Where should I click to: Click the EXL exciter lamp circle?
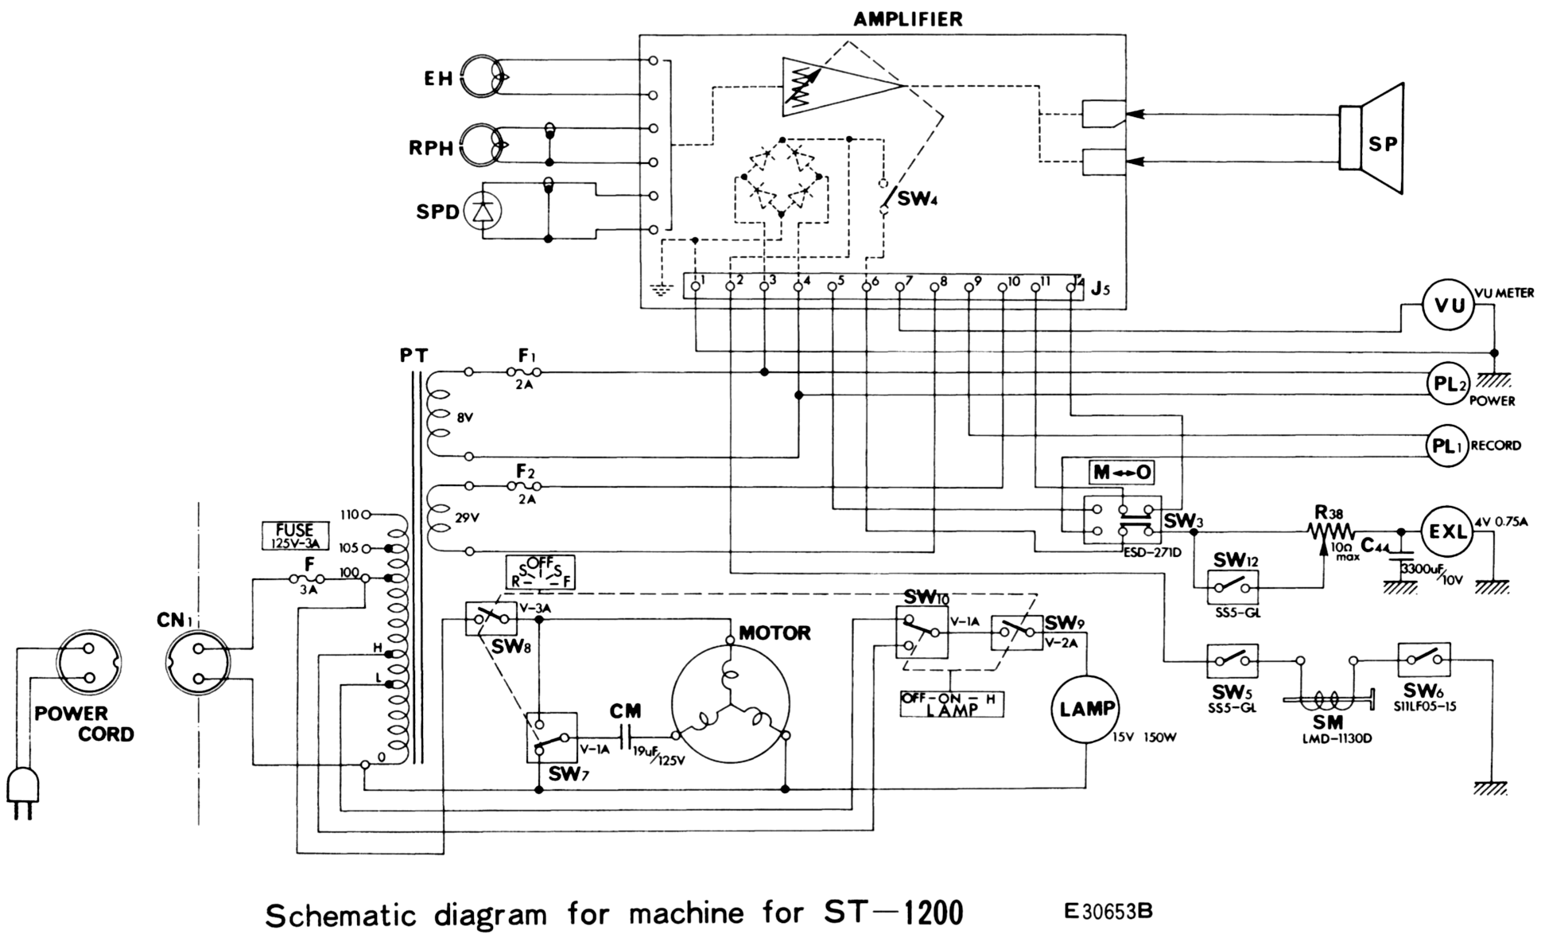click(x=1447, y=531)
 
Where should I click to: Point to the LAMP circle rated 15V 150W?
click(x=1087, y=708)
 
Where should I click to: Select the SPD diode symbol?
click(x=483, y=212)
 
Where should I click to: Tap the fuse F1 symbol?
click(x=524, y=372)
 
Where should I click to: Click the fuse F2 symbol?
click(x=524, y=485)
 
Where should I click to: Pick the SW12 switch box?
click(x=1233, y=589)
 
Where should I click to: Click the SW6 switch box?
click(x=1423, y=660)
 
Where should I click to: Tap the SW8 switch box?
click(x=491, y=618)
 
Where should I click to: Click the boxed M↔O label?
click(x=1122, y=472)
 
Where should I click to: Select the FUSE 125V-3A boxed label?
click(x=294, y=536)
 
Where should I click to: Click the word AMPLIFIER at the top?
click(x=908, y=19)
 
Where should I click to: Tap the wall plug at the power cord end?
click(x=21, y=792)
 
